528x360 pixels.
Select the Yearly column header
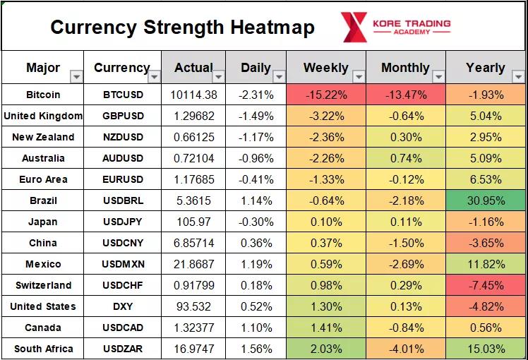[x=485, y=68]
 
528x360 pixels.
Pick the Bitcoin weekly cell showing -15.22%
[x=325, y=95]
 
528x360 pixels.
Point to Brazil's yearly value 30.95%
[x=485, y=200]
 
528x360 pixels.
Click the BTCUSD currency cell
[x=122, y=95]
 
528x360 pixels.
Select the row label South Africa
[x=43, y=349]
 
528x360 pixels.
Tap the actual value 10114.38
[x=193, y=95]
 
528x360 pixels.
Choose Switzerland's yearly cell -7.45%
[x=485, y=285]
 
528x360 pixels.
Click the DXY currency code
[x=122, y=306]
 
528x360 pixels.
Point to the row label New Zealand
[x=43, y=137]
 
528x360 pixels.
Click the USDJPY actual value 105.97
[x=193, y=222]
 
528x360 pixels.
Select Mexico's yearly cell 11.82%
[x=485, y=264]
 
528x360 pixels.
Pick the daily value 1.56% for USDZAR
[x=256, y=349]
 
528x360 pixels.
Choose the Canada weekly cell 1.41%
[x=325, y=328]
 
